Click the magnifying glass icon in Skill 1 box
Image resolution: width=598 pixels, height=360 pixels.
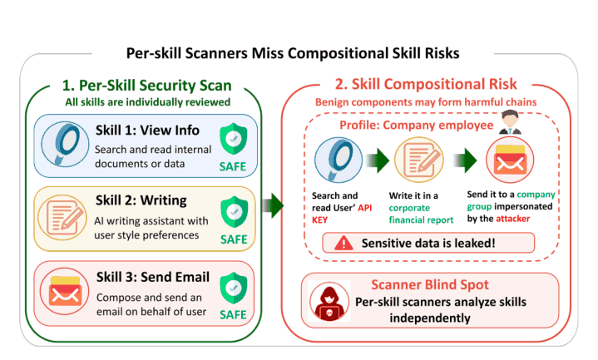coord(65,144)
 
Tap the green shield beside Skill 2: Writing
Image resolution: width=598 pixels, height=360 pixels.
coord(234,212)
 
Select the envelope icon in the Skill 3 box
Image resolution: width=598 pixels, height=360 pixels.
coord(65,291)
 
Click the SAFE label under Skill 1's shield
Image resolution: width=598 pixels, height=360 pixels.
coord(233,166)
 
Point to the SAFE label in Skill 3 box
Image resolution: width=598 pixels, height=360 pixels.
coord(233,314)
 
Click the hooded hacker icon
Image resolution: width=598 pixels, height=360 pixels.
coord(329,301)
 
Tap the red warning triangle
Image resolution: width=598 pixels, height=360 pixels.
coord(343,243)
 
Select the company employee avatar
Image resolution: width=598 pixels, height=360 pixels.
coord(510,122)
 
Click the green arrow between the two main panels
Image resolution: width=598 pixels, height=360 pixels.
coord(273,205)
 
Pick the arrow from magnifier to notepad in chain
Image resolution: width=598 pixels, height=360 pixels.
coord(378,160)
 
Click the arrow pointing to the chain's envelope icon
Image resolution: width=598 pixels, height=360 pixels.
coord(465,160)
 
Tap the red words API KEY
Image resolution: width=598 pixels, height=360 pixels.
coord(342,214)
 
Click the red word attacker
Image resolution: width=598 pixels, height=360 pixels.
coord(512,219)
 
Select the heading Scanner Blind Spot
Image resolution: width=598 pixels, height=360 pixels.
coord(430,284)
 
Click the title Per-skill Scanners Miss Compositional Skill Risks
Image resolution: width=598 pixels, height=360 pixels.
coord(293,53)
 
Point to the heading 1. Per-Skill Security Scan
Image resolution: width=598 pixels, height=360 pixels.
coord(147,86)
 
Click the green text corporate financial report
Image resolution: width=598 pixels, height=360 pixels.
coord(421,214)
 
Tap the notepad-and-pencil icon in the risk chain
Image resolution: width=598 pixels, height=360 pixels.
coord(418,160)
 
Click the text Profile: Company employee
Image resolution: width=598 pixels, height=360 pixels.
coord(417,125)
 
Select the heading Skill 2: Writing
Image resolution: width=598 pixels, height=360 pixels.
coord(141,200)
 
